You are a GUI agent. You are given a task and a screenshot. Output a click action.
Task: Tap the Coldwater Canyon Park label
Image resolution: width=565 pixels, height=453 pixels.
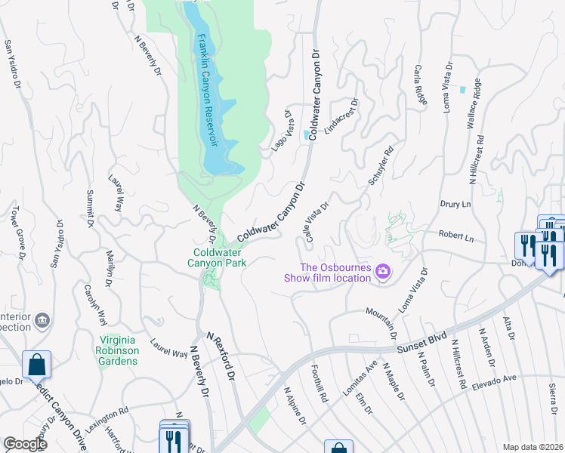(x=220, y=257)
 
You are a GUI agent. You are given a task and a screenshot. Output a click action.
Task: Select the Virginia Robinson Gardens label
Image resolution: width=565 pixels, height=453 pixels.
(x=117, y=350)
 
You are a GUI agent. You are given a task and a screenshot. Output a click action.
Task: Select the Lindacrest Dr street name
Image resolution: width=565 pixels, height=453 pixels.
(x=341, y=117)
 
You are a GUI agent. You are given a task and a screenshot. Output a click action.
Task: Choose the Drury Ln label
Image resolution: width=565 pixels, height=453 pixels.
(x=455, y=204)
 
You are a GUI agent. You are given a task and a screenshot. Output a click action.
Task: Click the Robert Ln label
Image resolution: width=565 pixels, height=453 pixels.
(x=455, y=237)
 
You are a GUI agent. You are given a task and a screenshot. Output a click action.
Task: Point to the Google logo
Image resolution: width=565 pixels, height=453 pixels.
(x=24, y=444)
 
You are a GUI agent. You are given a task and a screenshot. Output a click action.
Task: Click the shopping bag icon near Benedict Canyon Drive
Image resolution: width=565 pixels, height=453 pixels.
(x=36, y=365)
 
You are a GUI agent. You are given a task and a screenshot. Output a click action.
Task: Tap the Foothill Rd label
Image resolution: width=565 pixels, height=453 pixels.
(x=320, y=385)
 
